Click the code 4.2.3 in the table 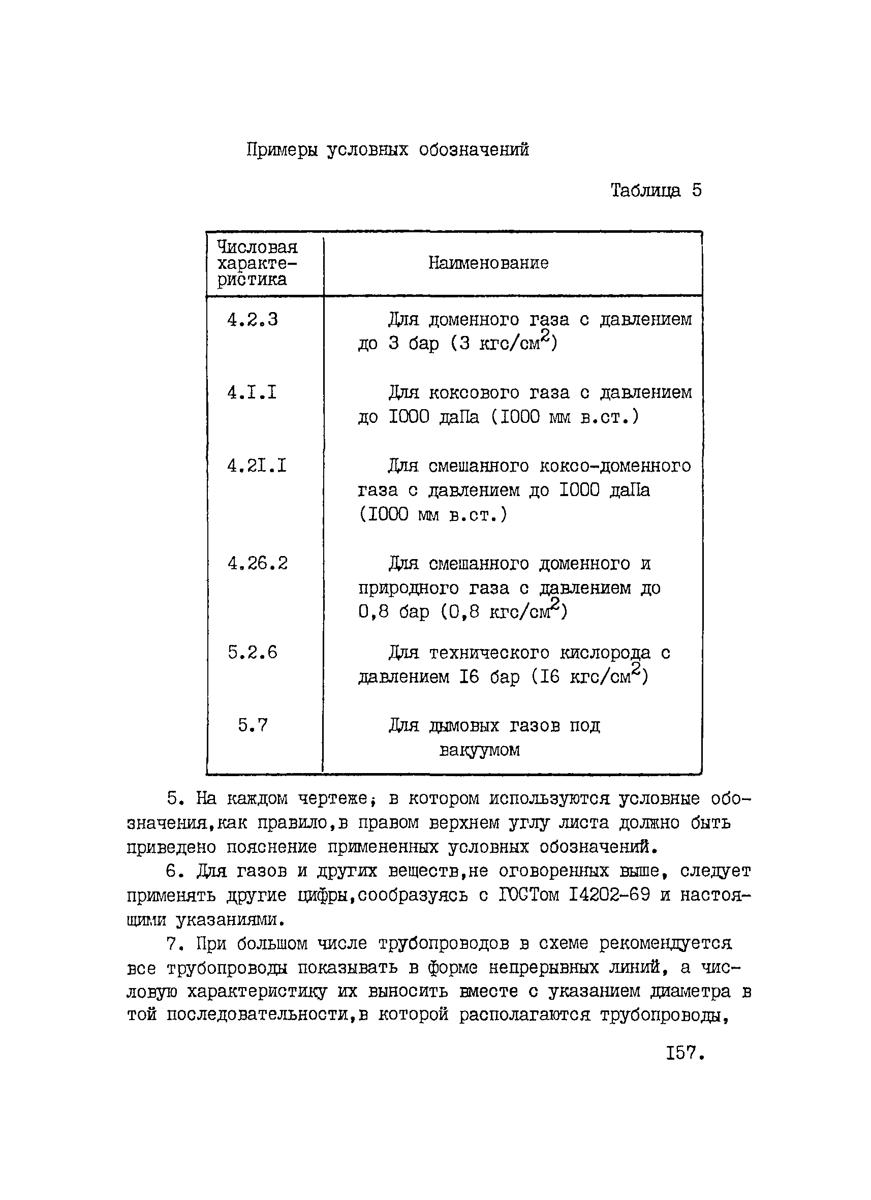pos(252,320)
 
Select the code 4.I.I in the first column pos(252,392)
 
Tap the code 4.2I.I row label pos(257,466)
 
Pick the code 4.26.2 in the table pos(258,564)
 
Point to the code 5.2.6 pos(253,653)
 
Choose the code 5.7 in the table pos(253,725)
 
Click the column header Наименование pos(488,263)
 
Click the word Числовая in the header pos(257,247)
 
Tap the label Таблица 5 pos(656,191)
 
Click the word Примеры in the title pos(282,150)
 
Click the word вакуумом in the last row pos(479,750)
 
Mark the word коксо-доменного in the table pos(615,466)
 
